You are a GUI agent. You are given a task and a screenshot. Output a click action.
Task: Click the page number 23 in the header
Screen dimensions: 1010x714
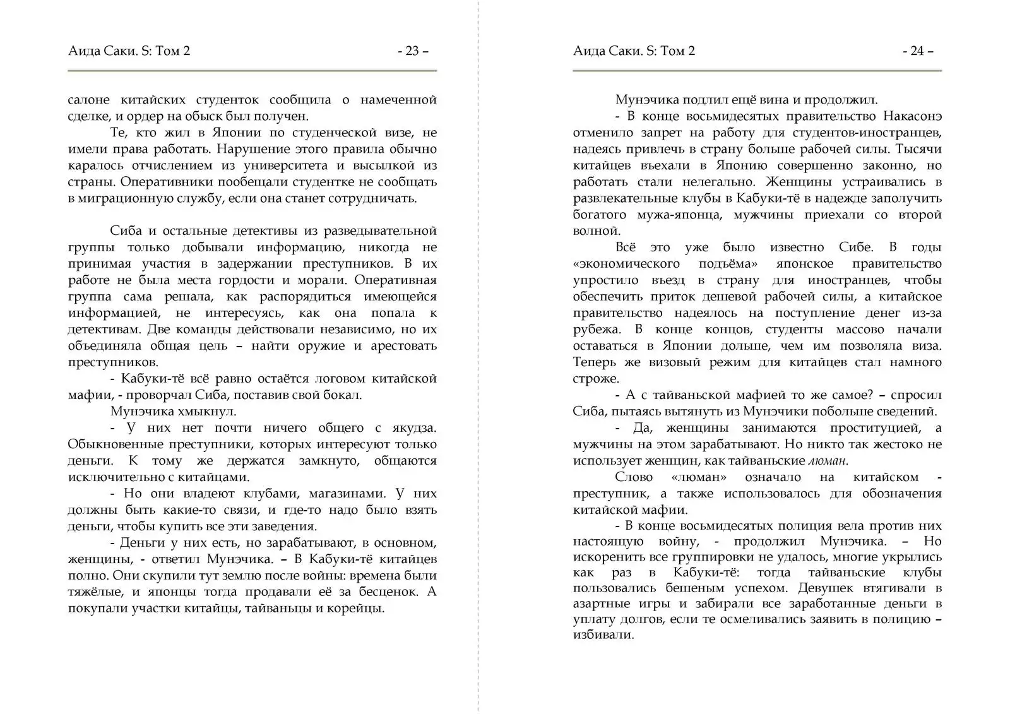[413, 51]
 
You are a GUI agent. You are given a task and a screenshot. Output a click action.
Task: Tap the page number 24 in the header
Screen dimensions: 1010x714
[918, 51]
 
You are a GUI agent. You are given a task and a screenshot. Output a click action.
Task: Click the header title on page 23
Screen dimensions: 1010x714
[129, 51]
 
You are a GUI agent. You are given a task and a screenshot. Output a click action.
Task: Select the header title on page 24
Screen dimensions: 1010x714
[634, 51]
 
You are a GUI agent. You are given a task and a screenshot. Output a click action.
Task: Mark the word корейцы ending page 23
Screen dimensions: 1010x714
[360, 609]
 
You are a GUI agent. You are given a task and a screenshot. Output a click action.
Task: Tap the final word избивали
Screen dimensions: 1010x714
[603, 635]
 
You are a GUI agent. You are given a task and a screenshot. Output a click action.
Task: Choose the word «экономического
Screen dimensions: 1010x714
[626, 264]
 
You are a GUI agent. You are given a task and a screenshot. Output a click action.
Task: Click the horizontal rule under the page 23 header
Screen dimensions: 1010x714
[252, 71]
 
